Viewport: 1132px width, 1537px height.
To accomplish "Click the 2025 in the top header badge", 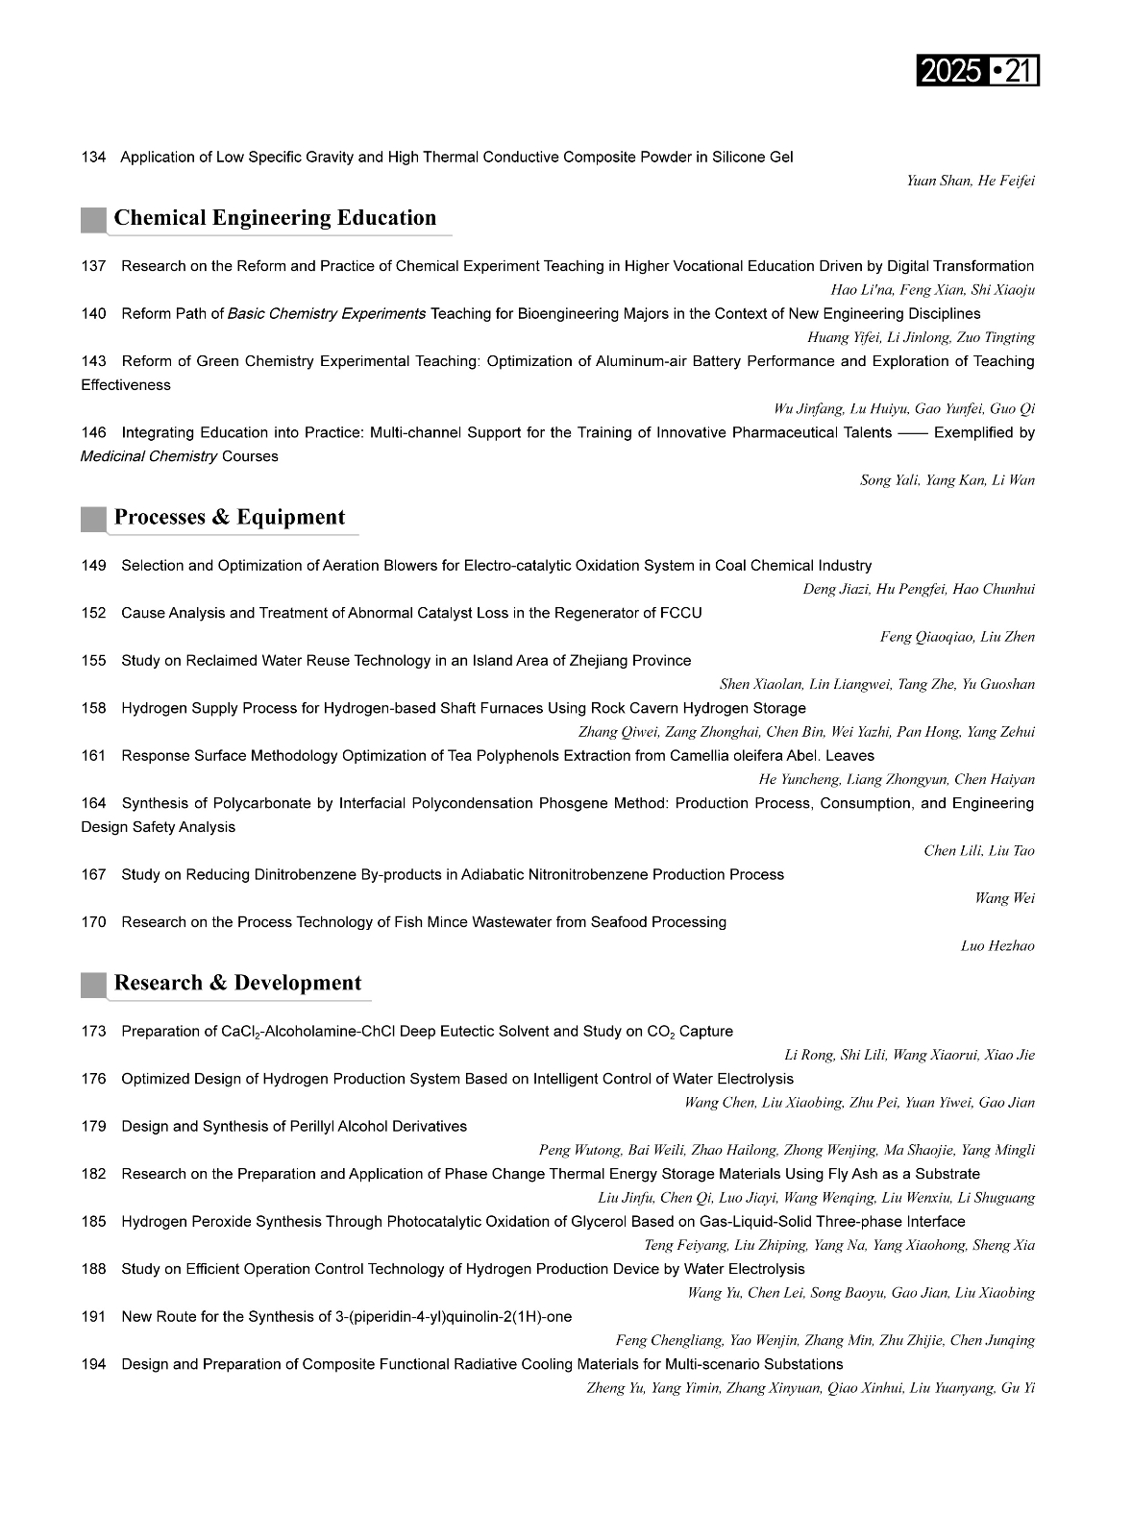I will click(950, 71).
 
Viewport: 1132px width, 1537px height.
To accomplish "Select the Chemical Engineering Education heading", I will click(275, 218).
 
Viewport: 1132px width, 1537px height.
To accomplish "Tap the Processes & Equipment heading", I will click(230, 518).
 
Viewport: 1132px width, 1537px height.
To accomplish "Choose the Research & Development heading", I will click(237, 984).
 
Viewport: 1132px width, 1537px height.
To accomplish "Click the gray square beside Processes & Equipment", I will click(93, 519).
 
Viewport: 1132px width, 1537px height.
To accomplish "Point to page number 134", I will click(93, 157).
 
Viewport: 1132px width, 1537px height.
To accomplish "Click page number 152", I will click(93, 613).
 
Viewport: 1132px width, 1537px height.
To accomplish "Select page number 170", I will click(93, 922).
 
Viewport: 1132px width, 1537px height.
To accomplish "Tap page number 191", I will click(93, 1317).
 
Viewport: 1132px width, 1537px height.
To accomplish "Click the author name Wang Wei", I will click(1004, 898).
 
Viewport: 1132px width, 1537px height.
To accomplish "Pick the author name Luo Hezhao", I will click(997, 946).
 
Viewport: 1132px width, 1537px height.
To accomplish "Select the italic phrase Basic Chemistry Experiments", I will click(327, 313).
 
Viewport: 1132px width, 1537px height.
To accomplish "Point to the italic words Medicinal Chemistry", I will click(149, 456).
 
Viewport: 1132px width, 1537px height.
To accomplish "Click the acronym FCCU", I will click(681, 613).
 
